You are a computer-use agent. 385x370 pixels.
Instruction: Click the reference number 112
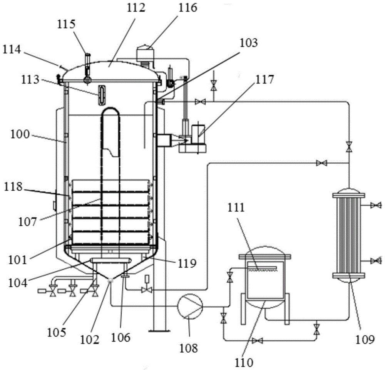tap(136, 8)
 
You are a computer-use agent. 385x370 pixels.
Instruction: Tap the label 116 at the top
tap(188, 8)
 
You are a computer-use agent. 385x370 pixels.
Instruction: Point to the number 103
tap(249, 43)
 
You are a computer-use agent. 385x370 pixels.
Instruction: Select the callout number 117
tap(264, 80)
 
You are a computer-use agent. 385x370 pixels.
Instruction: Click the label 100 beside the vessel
tap(20, 134)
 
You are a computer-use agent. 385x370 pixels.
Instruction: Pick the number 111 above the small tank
tap(236, 208)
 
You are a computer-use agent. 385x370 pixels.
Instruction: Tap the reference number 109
tap(365, 340)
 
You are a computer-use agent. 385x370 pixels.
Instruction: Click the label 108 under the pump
tap(189, 348)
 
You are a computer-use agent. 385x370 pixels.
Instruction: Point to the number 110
tap(244, 362)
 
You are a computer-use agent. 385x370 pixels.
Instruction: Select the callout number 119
tap(187, 263)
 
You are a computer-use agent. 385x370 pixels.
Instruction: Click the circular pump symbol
tap(190, 306)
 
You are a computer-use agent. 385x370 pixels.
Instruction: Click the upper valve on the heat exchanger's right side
tap(376, 205)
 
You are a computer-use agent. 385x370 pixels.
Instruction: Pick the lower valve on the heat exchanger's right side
tap(376, 261)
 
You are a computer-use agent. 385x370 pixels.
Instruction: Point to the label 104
tap(18, 283)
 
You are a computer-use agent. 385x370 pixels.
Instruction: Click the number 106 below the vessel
tap(121, 338)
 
